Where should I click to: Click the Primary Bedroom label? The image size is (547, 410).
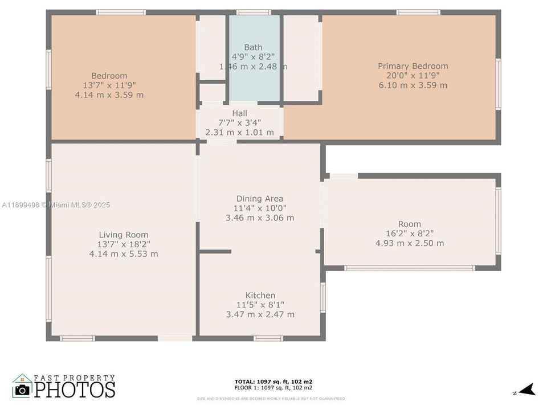click(x=413, y=66)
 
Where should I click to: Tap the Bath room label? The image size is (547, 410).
click(x=254, y=47)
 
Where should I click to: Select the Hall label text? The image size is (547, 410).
click(x=239, y=113)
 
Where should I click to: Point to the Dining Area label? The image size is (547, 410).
click(x=260, y=199)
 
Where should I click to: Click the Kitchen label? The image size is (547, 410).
click(x=260, y=295)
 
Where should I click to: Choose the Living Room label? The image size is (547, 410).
click(x=124, y=235)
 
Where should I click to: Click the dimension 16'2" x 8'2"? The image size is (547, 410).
click(x=409, y=233)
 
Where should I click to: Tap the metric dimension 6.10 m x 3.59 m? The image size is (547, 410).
click(x=413, y=85)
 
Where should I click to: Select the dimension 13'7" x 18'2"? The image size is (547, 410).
click(x=124, y=244)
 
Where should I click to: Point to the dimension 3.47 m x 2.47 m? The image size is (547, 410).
click(x=260, y=314)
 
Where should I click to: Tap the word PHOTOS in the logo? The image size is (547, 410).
click(x=75, y=389)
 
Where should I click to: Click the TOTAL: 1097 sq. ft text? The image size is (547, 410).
click(x=273, y=382)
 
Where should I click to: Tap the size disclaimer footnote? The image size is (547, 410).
click(x=271, y=399)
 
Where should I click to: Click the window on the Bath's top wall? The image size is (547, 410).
click(x=254, y=12)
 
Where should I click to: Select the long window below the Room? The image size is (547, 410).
click(x=409, y=268)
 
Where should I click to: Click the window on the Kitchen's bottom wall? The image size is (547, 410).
click(x=268, y=338)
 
